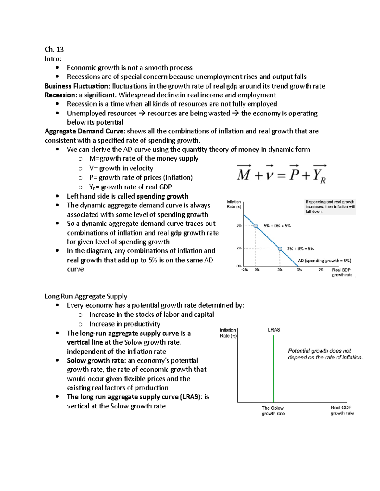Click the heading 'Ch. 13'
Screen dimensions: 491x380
click(x=54, y=49)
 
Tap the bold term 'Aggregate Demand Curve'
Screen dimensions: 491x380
click(x=85, y=131)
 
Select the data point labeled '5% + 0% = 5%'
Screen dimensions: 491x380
click(x=256, y=226)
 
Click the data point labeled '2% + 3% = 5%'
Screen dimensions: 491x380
click(x=280, y=249)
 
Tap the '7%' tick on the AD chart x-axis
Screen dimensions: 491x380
click(x=321, y=270)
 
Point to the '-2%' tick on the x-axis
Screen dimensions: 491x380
click(x=244, y=270)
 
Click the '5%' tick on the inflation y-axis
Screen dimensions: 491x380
click(x=239, y=226)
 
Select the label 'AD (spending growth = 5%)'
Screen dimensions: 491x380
click(x=324, y=261)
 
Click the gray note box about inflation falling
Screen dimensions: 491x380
click(x=330, y=206)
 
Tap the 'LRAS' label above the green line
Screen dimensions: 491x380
click(x=274, y=330)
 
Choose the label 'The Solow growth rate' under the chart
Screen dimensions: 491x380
click(x=273, y=411)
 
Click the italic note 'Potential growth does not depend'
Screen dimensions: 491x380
click(x=325, y=354)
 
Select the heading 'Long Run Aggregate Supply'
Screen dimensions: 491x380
click(x=86, y=296)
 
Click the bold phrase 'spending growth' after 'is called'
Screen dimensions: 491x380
click(x=162, y=196)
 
